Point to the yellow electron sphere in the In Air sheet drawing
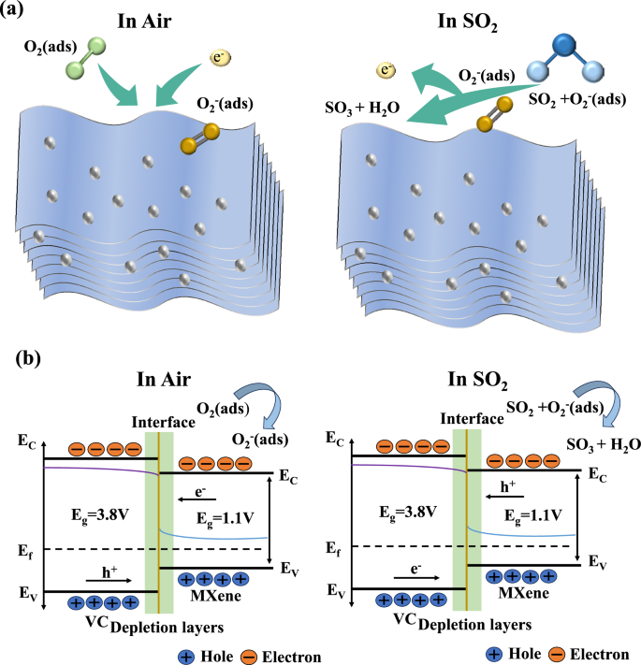(x=220, y=60)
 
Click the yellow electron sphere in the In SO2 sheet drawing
(x=386, y=69)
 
